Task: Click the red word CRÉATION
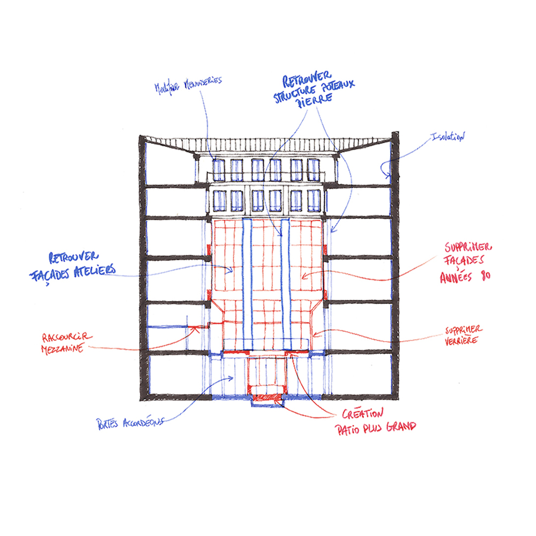[x=363, y=414]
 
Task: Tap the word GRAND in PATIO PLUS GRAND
[x=398, y=428]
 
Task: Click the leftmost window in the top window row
[x=218, y=170]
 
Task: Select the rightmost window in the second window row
[x=315, y=200]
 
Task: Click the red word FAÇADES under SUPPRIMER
[x=464, y=262]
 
